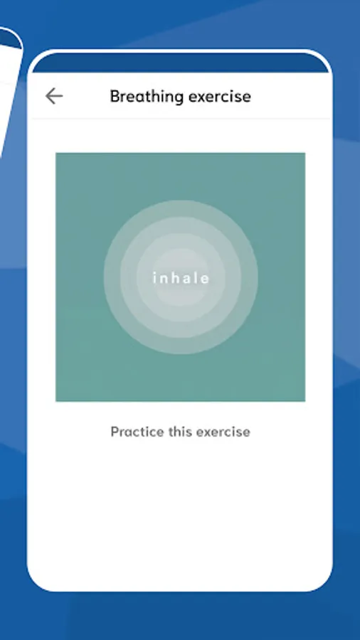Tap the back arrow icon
[54, 96]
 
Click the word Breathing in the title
[147, 97]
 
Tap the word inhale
[181, 278]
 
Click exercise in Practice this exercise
[218, 432]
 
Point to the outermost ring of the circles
[112, 277]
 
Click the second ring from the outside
[128, 277]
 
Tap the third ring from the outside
[144, 277]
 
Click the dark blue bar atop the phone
[180, 63]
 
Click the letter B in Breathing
[115, 96]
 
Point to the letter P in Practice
[115, 432]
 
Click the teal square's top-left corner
[56, 153]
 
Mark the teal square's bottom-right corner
[305, 401]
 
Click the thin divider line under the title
[180, 119]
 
